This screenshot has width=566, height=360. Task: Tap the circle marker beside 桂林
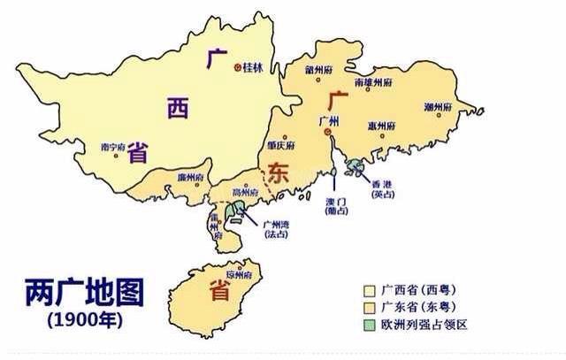(237, 67)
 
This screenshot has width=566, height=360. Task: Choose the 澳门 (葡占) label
(334, 206)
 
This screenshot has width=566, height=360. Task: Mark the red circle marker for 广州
(326, 134)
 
